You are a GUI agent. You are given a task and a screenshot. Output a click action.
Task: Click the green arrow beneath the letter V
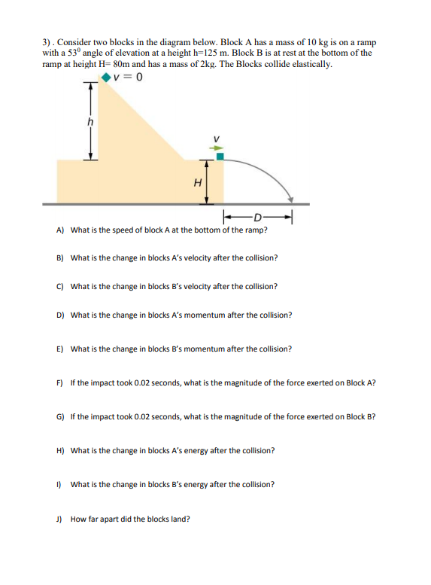(215, 148)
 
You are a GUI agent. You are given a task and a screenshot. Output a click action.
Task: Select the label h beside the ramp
(90, 120)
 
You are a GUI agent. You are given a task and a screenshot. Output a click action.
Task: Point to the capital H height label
(198, 181)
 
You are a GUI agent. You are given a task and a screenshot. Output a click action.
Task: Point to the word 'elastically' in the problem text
(310, 64)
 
